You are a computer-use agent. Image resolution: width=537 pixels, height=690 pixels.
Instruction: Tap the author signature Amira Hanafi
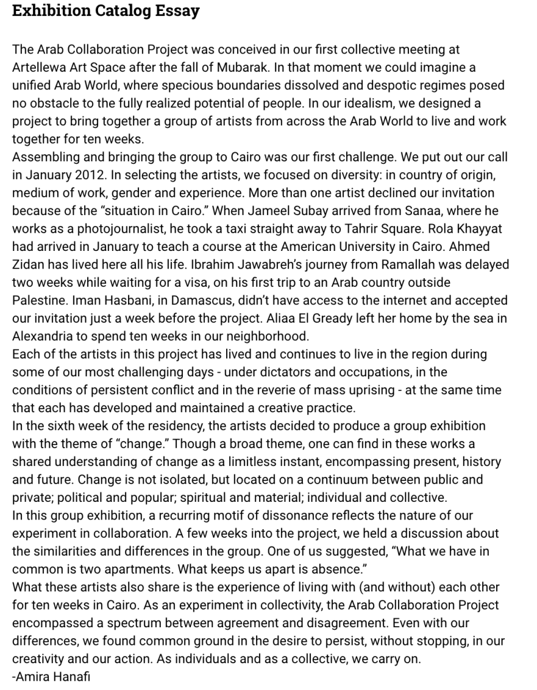[x=52, y=676]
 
